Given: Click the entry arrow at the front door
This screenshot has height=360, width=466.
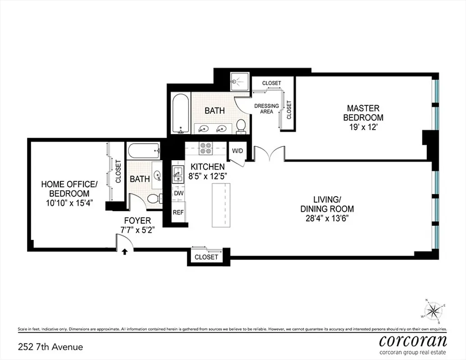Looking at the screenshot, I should coord(124,252).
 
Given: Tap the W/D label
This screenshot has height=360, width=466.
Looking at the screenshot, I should coord(237,150).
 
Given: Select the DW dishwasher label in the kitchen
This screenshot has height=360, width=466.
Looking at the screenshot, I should coord(179,193).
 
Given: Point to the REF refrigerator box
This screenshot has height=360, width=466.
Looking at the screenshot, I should coord(179,212).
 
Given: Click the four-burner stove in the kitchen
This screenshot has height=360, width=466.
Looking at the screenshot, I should coord(206,148).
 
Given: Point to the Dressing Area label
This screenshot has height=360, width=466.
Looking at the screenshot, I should coord(267,108).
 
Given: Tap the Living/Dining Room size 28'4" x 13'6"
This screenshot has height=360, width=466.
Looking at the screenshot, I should coord(327,218).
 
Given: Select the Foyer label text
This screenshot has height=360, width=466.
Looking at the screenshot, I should coord(138,221).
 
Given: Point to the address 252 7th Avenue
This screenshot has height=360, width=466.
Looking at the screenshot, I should coord(50,347).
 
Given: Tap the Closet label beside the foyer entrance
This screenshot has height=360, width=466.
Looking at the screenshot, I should coord(206,257).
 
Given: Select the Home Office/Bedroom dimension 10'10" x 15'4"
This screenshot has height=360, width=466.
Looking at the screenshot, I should coord(69,203).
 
